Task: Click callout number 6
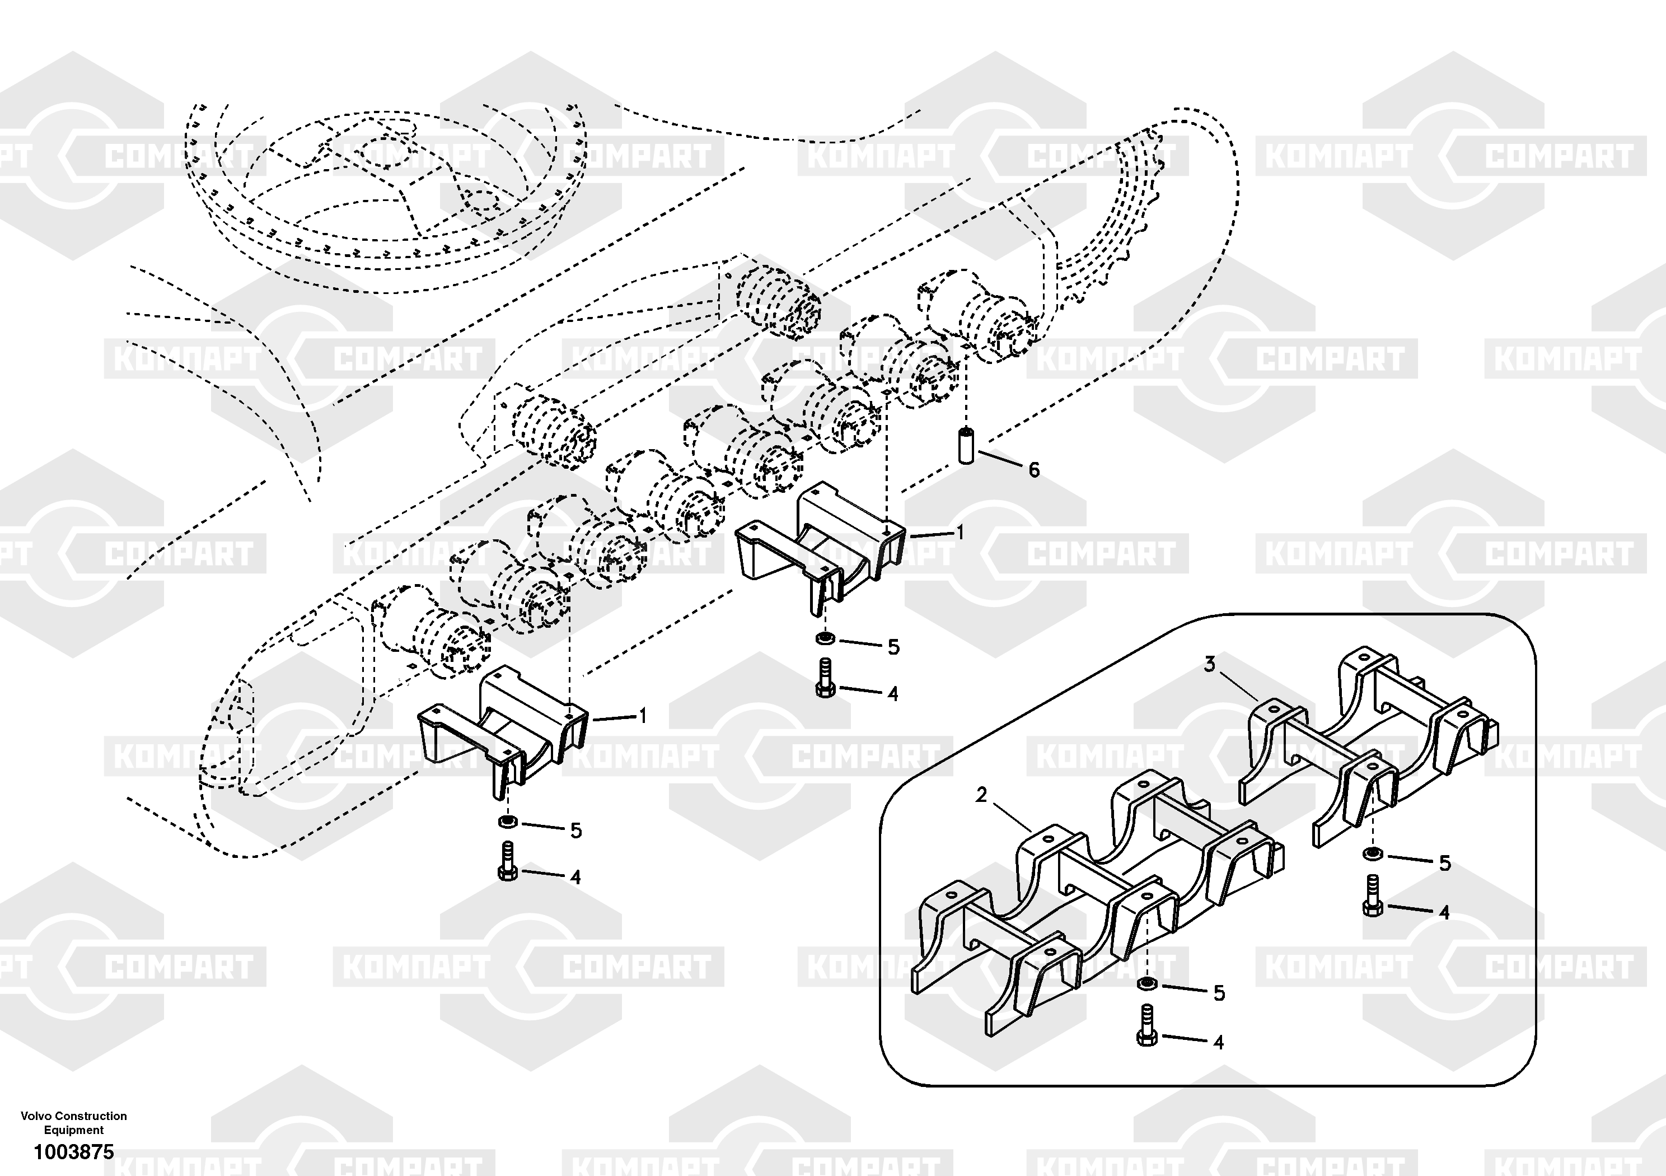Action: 1034,470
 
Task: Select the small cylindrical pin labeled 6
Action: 966,445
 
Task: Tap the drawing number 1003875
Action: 74,1152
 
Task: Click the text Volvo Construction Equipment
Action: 74,1122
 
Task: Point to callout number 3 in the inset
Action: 1209,664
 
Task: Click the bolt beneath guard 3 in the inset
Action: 1372,897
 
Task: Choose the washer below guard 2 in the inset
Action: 1145,983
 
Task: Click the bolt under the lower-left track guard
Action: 508,862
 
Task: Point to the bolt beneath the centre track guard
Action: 825,679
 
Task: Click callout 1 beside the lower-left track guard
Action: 642,716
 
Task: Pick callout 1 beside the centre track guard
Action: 960,533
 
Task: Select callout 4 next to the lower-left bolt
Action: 575,877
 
